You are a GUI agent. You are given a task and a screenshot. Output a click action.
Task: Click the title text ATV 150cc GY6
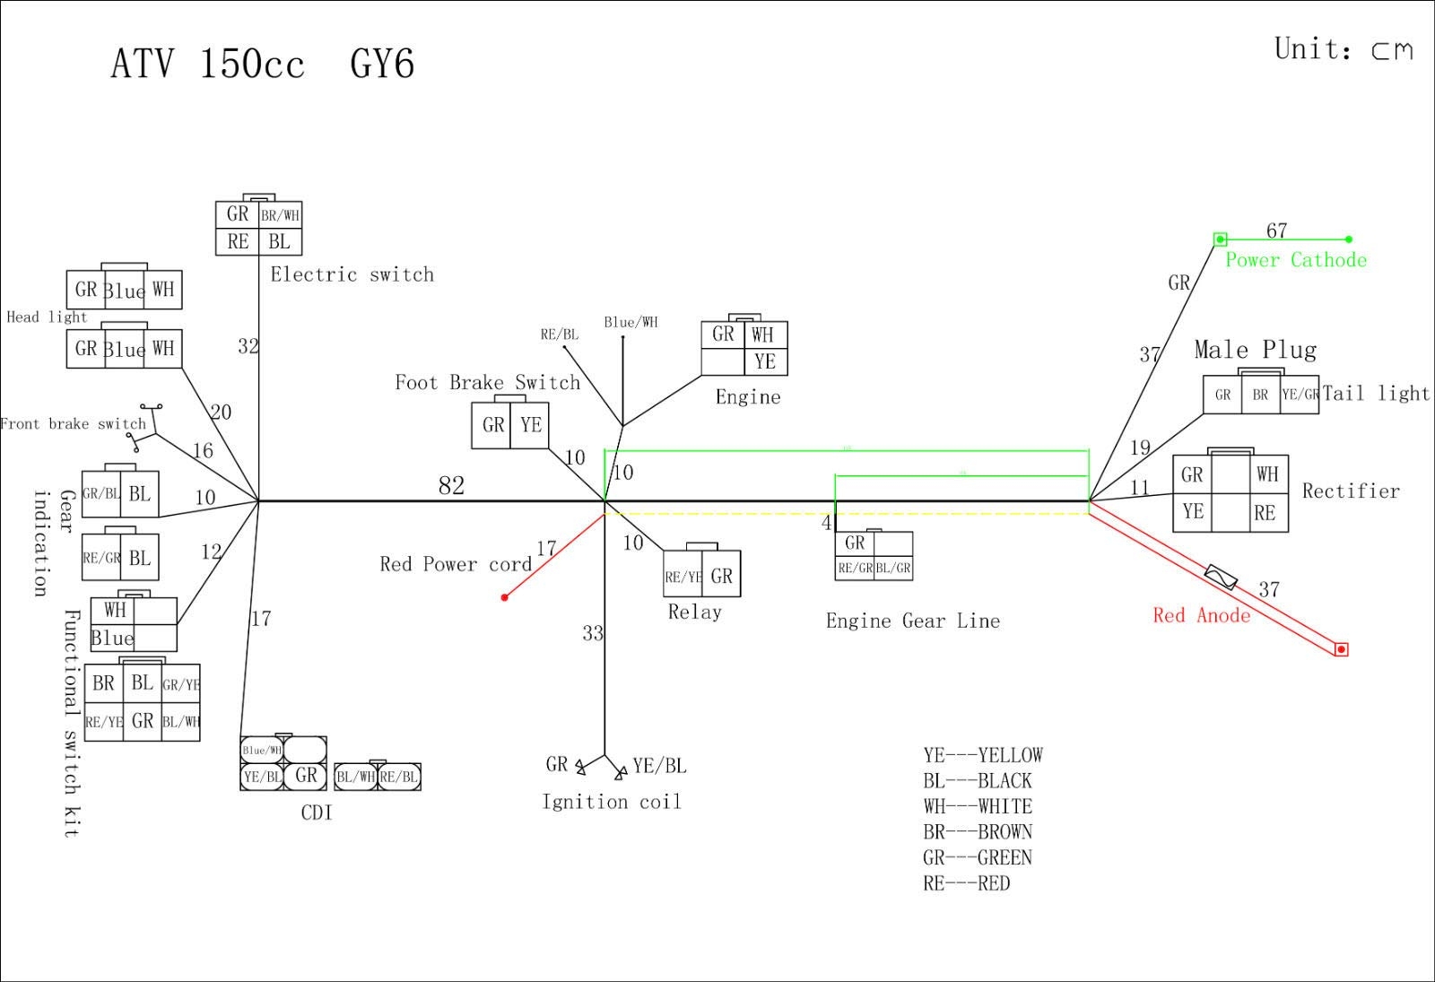pos(262,65)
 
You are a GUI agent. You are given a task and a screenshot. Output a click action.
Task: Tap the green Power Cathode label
pos(1296,260)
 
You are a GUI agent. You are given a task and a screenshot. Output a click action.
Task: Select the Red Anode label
pos(1201,615)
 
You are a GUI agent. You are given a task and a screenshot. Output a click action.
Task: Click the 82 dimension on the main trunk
pos(451,486)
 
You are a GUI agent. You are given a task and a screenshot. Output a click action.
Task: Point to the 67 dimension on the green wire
pos(1276,230)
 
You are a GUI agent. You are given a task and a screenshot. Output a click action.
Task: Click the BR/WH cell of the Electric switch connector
pos(281,215)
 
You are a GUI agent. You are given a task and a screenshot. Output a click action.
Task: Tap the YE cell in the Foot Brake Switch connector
pos(531,425)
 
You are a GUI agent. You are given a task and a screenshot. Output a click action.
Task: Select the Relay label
pos(694,613)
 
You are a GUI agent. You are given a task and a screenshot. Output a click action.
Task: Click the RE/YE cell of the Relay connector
pos(683,578)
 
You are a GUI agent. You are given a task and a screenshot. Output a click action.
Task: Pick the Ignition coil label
pos(611,802)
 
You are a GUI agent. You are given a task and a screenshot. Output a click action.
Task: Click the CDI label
pos(317,813)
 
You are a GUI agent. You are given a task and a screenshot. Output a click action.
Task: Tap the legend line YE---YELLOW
pos(983,755)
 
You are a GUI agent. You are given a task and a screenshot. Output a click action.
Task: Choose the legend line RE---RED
pos(966,883)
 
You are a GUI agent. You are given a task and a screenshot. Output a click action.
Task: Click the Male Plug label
pos(1255,350)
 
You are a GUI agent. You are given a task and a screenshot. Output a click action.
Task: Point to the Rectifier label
pos(1350,491)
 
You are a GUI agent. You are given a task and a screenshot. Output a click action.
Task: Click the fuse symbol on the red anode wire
pos(1221,577)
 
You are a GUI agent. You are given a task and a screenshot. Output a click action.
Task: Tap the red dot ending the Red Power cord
pos(505,597)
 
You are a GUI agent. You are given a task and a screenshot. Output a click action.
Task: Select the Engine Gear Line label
pos(912,621)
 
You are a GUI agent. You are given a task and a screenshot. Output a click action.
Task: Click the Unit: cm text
pos(1343,49)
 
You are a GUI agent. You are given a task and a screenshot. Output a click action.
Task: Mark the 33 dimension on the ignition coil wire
pos(593,634)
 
